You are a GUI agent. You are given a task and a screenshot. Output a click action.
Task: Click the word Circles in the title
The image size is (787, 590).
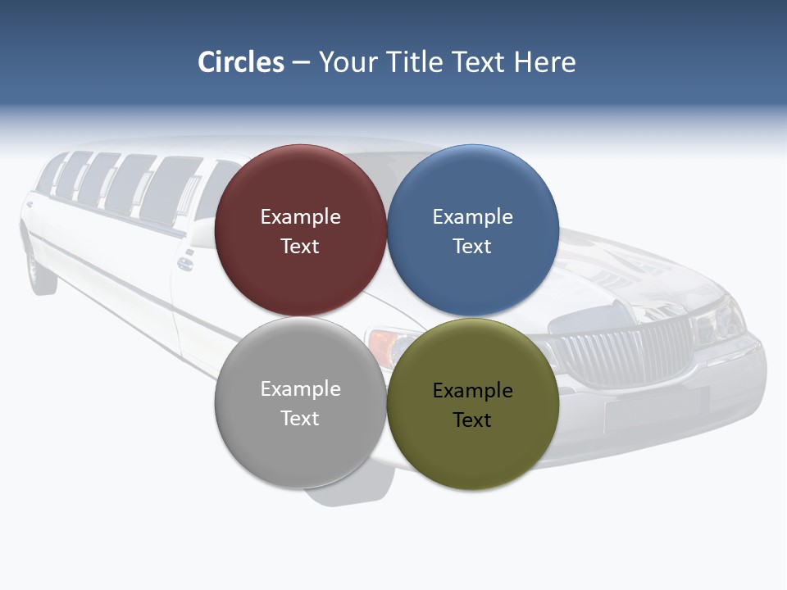[241, 62]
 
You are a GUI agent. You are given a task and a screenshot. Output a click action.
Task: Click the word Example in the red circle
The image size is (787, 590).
[300, 217]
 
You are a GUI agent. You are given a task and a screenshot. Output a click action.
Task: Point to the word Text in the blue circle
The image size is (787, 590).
[472, 247]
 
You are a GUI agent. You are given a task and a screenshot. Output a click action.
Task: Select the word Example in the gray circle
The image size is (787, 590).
[300, 389]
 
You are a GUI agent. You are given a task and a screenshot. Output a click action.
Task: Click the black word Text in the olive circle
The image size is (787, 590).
[472, 420]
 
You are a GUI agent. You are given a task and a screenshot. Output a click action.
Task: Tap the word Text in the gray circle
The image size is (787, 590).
[300, 419]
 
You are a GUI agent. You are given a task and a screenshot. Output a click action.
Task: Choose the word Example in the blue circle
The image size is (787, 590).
[472, 217]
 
